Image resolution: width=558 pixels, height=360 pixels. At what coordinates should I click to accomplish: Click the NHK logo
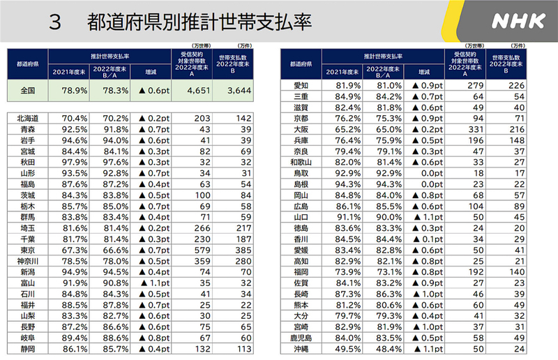pyautogui.click(x=518, y=21)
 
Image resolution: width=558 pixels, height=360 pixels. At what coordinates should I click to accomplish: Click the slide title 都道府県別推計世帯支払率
pyautogui.click(x=199, y=22)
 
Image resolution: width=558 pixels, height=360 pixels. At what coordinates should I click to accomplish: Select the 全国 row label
pyautogui.click(x=27, y=90)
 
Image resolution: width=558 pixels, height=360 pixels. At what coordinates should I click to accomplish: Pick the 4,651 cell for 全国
pyautogui.click(x=198, y=90)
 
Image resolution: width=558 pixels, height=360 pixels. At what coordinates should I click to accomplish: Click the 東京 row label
pyautogui.click(x=27, y=250)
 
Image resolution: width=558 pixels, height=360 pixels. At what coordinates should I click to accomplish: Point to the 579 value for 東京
pyautogui.click(x=202, y=250)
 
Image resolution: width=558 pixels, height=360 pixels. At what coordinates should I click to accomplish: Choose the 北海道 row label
pyautogui.click(x=27, y=119)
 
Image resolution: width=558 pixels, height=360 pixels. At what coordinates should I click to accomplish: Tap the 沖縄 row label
pyautogui.click(x=301, y=349)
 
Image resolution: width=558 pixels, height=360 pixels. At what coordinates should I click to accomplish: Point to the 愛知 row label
pyautogui.click(x=301, y=85)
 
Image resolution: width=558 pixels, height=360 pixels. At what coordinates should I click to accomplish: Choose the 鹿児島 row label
pyautogui.click(x=301, y=338)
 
